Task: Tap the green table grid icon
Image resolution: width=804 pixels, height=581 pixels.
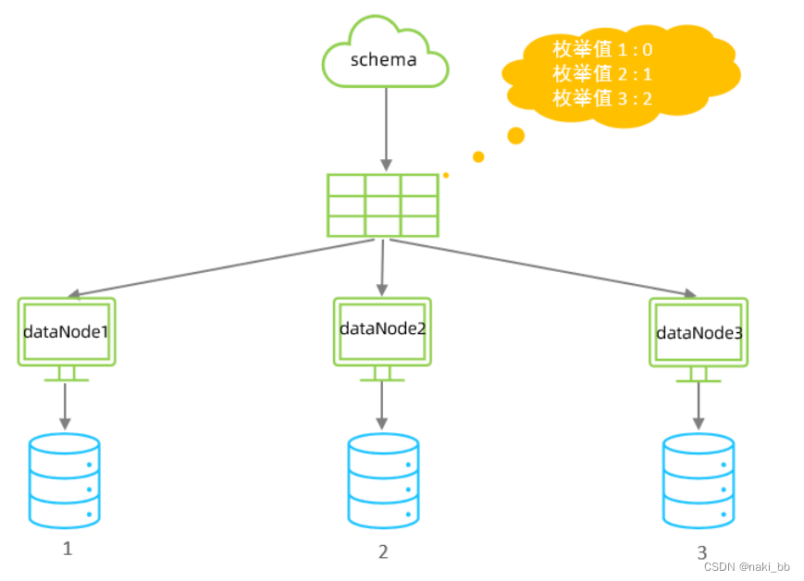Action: click(x=383, y=205)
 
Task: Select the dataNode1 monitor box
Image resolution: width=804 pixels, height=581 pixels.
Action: click(x=67, y=340)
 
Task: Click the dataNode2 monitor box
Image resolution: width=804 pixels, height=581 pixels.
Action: click(x=382, y=340)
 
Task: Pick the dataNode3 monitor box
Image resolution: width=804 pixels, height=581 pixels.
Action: click(x=699, y=340)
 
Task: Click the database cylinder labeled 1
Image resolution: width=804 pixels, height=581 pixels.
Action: click(x=65, y=481)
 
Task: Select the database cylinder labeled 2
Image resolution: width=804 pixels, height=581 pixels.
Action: click(x=383, y=481)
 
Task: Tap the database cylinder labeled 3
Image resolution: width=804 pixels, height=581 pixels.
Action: click(x=699, y=481)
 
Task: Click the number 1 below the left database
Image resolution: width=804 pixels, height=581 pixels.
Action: click(x=68, y=549)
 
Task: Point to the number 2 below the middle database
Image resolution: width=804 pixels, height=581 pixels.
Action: click(x=383, y=551)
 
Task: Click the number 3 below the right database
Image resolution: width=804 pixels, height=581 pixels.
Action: click(x=702, y=552)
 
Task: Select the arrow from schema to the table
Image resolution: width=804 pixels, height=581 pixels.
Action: click(x=386, y=130)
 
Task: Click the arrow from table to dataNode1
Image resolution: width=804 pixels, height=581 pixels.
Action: click(x=221, y=268)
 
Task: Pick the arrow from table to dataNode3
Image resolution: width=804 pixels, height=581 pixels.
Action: click(x=543, y=268)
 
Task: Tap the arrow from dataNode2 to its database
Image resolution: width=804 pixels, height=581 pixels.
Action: click(x=382, y=406)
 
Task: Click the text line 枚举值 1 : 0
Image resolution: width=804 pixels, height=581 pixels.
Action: click(x=602, y=50)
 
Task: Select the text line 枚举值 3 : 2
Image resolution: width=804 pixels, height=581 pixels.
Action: click(x=602, y=98)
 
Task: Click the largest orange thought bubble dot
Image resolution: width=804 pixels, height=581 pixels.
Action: click(x=516, y=136)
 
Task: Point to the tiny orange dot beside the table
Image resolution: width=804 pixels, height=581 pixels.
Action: click(x=446, y=176)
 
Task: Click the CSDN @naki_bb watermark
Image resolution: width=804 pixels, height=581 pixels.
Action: click(x=747, y=566)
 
